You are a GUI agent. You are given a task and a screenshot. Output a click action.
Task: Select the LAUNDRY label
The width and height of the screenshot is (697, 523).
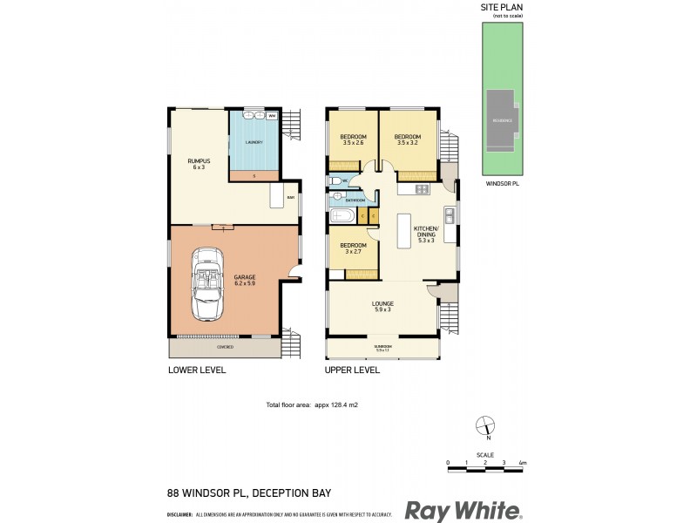[255, 142]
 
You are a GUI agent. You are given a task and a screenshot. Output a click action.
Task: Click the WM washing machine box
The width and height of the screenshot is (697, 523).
[271, 116]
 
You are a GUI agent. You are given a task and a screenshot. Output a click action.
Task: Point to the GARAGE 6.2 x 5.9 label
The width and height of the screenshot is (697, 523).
[245, 280]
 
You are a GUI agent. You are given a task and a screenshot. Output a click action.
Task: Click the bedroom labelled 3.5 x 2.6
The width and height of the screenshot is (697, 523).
[353, 140]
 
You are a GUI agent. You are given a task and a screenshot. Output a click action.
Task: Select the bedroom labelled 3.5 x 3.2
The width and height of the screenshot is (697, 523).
[407, 140]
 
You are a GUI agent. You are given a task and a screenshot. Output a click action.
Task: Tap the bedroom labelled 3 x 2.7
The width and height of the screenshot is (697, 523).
[353, 248]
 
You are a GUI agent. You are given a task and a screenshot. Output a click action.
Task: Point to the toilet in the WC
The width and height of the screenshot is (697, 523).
[335, 182]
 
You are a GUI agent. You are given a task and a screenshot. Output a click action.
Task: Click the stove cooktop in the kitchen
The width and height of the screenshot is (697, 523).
[422, 189]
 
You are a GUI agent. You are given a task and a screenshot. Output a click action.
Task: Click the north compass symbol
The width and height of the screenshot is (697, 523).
[486, 426]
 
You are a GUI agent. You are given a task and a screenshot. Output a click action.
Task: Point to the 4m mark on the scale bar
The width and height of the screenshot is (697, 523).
[521, 462]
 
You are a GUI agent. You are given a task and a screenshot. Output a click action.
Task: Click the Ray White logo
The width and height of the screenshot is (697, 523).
[463, 510]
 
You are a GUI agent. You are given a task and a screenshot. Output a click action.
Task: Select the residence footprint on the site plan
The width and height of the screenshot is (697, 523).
[501, 120]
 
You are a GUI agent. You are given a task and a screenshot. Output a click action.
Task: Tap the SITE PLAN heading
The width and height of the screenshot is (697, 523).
[502, 8]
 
